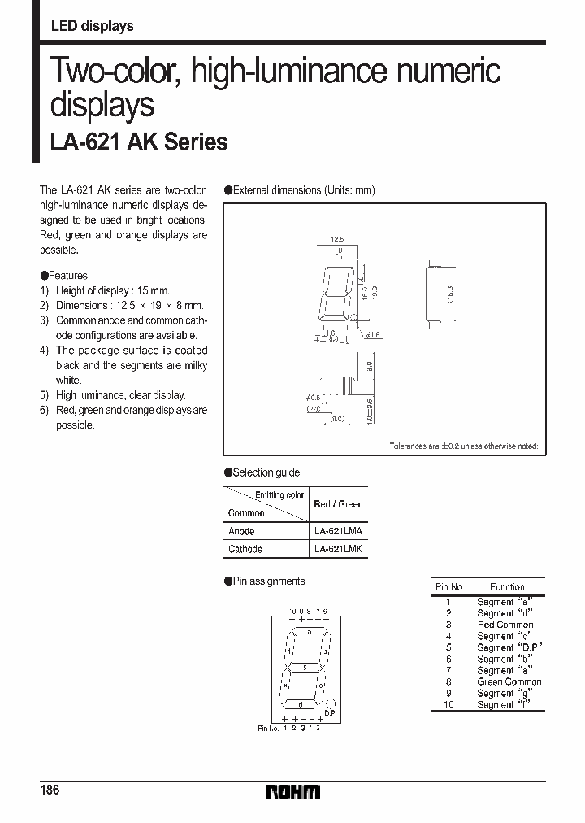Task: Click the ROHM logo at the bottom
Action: pyautogui.click(x=292, y=791)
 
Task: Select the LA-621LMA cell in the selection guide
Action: pyautogui.click(x=338, y=530)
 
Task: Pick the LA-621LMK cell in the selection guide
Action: pyautogui.click(x=338, y=549)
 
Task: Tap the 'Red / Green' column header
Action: pyautogui.click(x=338, y=504)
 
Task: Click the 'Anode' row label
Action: pyautogui.click(x=241, y=530)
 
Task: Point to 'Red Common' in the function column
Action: pyautogui.click(x=505, y=625)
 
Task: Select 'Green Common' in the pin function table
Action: pyautogui.click(x=509, y=681)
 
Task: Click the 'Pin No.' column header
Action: pyautogui.click(x=449, y=586)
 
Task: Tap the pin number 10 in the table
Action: pyautogui.click(x=448, y=704)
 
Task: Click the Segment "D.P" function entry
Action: pyautogui.click(x=509, y=647)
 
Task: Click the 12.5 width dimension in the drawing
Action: pyautogui.click(x=338, y=239)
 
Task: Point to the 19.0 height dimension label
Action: pyautogui.click(x=375, y=291)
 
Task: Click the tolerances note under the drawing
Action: pyautogui.click(x=463, y=446)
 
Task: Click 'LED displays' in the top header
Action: pyautogui.click(x=92, y=26)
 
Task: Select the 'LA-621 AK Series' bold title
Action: pyautogui.click(x=139, y=142)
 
